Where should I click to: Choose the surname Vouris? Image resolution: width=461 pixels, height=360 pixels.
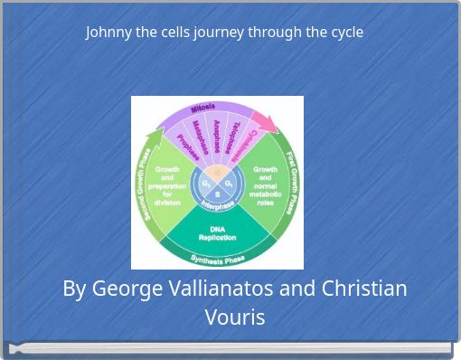[x=235, y=317]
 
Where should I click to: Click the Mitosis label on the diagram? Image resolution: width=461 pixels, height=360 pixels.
[x=202, y=109]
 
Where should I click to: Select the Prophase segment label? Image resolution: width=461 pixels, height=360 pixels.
[x=188, y=147]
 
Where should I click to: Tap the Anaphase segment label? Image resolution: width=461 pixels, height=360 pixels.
[x=218, y=135]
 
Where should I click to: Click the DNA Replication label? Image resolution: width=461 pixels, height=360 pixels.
[x=217, y=233]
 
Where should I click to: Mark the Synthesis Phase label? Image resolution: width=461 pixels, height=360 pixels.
[x=218, y=260]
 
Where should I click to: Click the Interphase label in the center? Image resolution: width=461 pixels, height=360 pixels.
[x=218, y=205]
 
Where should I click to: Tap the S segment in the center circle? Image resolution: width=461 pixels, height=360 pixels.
[x=218, y=194]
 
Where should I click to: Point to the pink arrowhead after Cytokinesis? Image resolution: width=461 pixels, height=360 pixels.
[x=266, y=121]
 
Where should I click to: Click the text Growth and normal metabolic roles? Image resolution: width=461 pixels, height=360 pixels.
[x=265, y=185]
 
